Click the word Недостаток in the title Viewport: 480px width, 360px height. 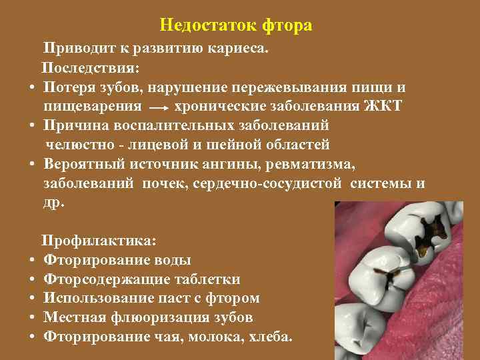[207, 26]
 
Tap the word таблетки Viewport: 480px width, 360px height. [207, 279]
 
